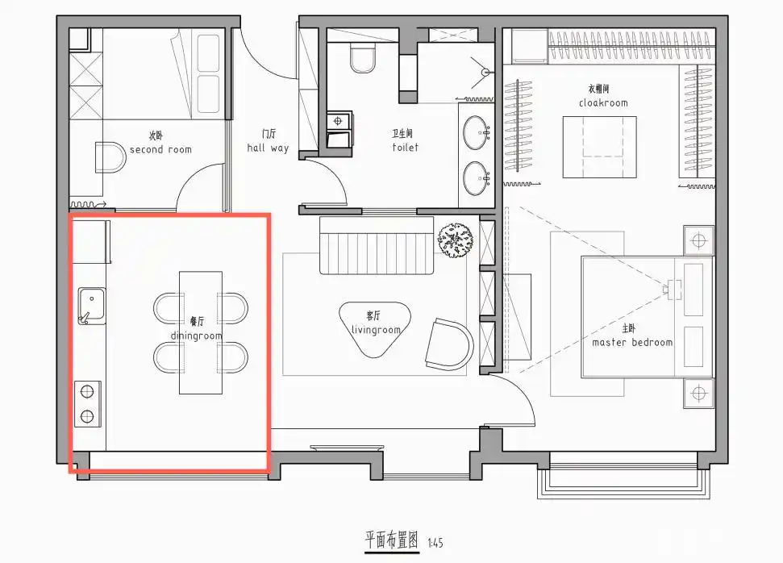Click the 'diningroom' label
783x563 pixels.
click(196, 336)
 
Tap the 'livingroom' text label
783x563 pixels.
click(376, 329)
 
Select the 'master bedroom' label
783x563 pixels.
click(631, 342)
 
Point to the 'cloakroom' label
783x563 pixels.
click(602, 102)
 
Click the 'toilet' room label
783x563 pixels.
click(405, 148)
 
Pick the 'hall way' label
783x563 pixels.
click(268, 148)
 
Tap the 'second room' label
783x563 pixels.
click(160, 149)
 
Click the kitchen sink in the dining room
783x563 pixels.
click(92, 306)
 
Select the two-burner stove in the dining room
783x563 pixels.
click(87, 404)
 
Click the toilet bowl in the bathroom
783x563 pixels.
click(364, 57)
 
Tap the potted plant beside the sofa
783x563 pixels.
click(455, 240)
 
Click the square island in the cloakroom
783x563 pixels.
click(599, 148)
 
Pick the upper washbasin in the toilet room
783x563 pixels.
click(477, 131)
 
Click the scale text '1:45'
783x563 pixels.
click(437, 543)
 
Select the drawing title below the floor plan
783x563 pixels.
click(392, 540)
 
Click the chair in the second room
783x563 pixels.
click(109, 157)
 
